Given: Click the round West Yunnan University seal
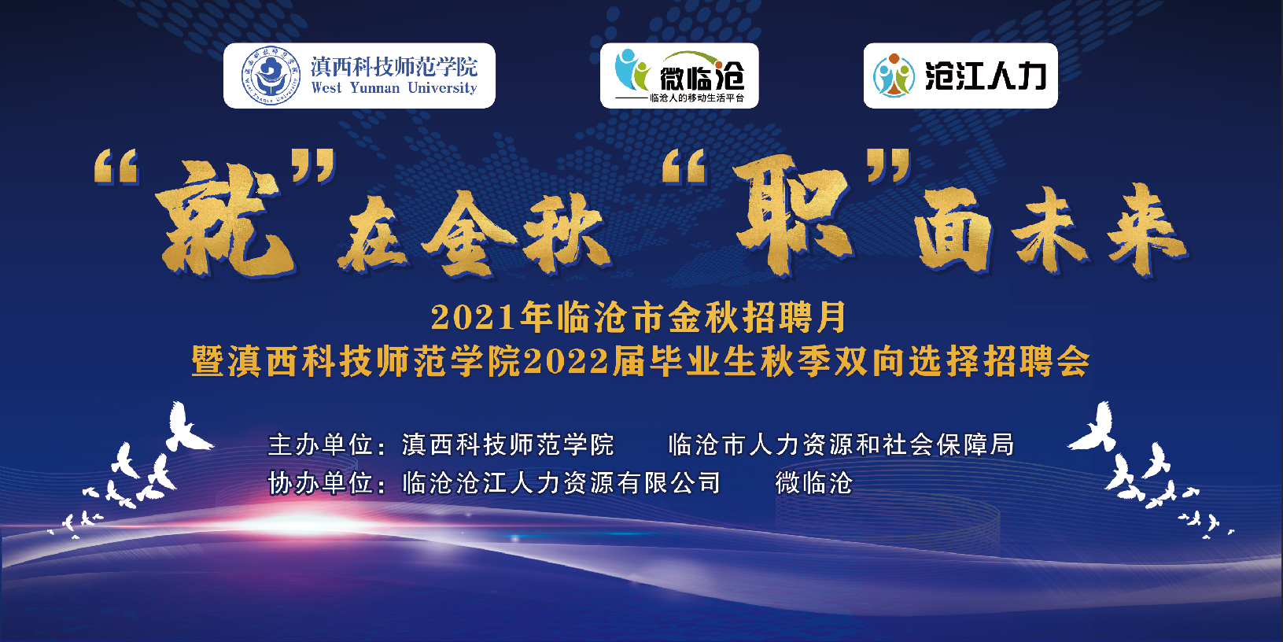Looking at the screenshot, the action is coord(271,76).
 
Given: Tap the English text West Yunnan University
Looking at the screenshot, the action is coord(394,88).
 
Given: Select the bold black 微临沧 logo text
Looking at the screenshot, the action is coord(702,77).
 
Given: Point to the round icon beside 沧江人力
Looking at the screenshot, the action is coord(894,76).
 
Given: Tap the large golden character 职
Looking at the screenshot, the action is coord(793,215).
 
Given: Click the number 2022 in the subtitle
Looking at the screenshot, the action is coord(566,361).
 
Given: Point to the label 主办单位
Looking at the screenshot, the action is coord(320,445).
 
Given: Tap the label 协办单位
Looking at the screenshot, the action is coord(320,484).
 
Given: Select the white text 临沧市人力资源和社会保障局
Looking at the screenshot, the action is coord(841,445).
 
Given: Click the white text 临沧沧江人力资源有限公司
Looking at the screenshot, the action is coord(562,484).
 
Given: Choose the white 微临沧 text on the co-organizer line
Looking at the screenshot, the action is coord(814,484).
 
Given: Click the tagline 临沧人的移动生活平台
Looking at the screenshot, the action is coord(696,98).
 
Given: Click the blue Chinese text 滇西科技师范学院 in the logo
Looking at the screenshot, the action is coord(394,67).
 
